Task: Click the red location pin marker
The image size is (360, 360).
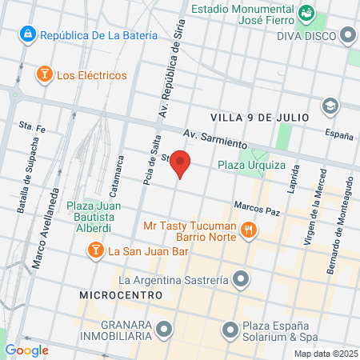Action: (181, 162)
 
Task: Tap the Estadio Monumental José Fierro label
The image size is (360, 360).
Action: (243, 16)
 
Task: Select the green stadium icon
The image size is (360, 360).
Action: (305, 14)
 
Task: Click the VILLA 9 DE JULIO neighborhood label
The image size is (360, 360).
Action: (260, 117)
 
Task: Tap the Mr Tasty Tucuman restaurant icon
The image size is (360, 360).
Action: (250, 230)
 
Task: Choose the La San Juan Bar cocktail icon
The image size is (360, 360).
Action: (95, 251)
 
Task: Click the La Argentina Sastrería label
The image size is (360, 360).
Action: (174, 280)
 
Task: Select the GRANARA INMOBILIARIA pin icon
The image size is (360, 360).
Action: (165, 328)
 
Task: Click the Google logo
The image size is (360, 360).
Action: (26, 350)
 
